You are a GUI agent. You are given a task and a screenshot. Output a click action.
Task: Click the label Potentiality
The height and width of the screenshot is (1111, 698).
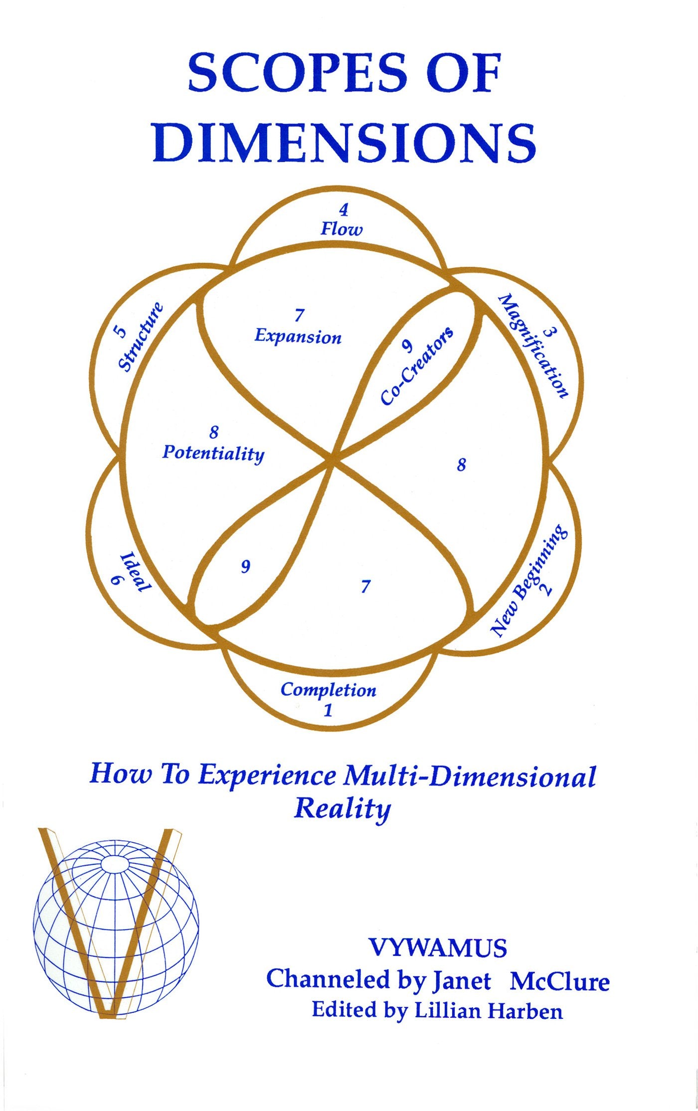pyautogui.click(x=213, y=453)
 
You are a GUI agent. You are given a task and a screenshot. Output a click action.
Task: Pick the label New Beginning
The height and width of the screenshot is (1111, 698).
pyautogui.click(x=528, y=581)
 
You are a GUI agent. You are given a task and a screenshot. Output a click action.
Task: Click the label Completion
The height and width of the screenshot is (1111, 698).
pyautogui.click(x=328, y=690)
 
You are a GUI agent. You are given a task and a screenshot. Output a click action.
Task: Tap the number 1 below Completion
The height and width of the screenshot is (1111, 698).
pyautogui.click(x=328, y=710)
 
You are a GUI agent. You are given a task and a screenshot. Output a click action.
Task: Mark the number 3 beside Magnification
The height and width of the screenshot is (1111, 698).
pyautogui.click(x=548, y=333)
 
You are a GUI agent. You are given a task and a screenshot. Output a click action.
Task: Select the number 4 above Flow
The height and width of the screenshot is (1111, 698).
pyautogui.click(x=343, y=211)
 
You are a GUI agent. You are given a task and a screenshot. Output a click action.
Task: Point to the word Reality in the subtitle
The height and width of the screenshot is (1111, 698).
pyautogui.click(x=342, y=808)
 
